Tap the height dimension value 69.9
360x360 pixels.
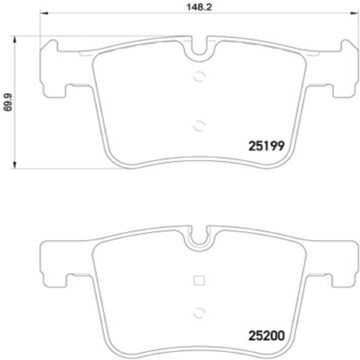(x=6, y=102)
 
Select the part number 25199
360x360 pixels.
(x=266, y=146)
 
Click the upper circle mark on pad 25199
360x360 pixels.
(x=199, y=76)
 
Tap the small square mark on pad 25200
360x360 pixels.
(x=199, y=280)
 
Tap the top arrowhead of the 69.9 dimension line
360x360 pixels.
(x=14, y=39)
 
